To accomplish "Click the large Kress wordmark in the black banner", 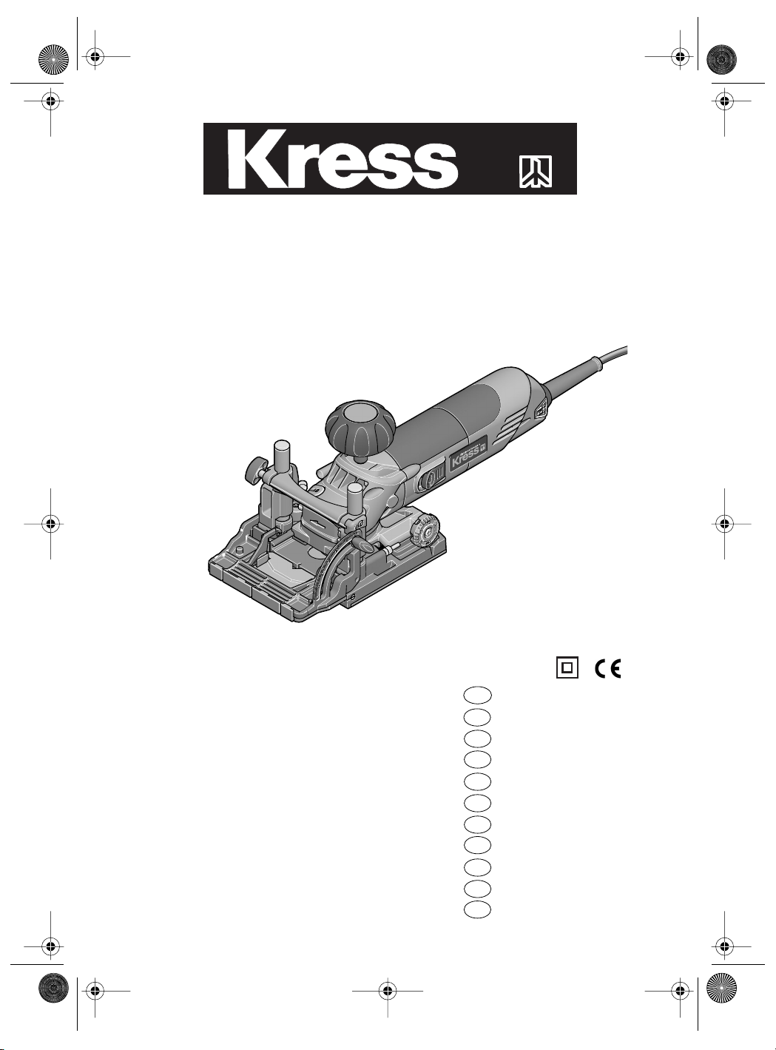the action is click(x=343, y=159).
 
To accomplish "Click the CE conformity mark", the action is click(x=608, y=669).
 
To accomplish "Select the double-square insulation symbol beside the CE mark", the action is click(x=567, y=668).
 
